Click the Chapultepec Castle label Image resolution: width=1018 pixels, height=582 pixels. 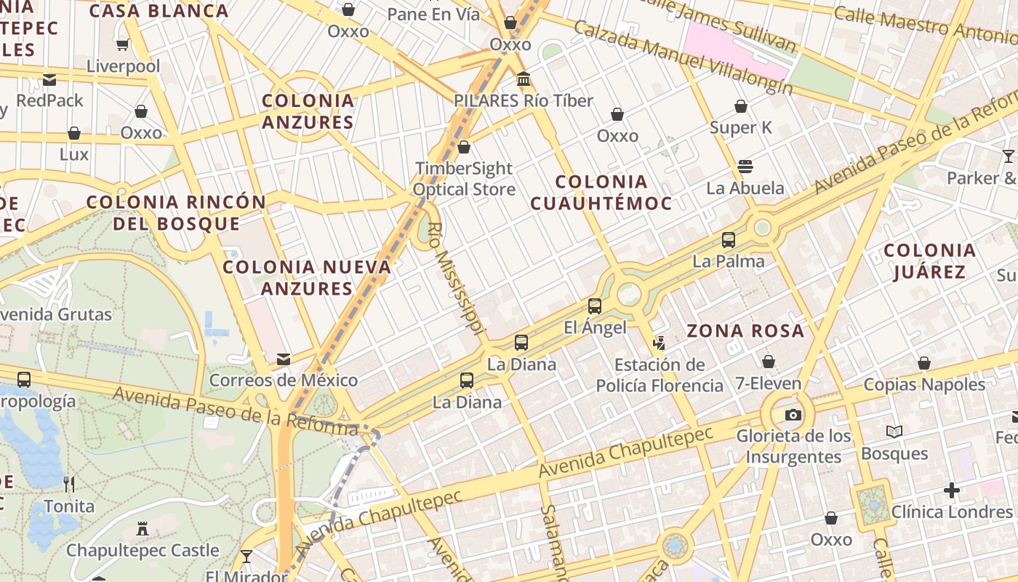(143, 550)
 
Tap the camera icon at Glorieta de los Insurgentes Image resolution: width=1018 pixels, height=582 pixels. (793, 415)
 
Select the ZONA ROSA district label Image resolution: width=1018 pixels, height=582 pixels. (745, 331)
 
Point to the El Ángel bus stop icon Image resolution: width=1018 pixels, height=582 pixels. (595, 306)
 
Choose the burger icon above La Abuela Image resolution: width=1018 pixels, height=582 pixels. (745, 167)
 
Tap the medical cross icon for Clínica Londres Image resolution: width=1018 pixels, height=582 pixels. (952, 490)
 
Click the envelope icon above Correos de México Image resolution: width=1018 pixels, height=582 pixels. (284, 359)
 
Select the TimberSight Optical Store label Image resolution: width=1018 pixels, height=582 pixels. (464, 179)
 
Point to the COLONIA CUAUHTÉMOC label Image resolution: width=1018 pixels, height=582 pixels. (601, 192)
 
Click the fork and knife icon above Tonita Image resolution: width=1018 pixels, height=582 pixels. (69, 485)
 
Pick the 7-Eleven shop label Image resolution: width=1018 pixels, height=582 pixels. (768, 383)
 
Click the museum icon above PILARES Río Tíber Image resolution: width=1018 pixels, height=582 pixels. (524, 79)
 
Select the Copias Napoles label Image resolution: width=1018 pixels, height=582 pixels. (924, 384)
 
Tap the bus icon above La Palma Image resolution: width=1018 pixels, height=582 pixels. (729, 240)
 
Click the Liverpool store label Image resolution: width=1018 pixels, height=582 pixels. (123, 66)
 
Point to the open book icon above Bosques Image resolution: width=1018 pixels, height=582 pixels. (894, 432)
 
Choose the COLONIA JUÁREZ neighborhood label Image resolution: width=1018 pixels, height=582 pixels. (929, 261)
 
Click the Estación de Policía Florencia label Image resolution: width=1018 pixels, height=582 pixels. (660, 375)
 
